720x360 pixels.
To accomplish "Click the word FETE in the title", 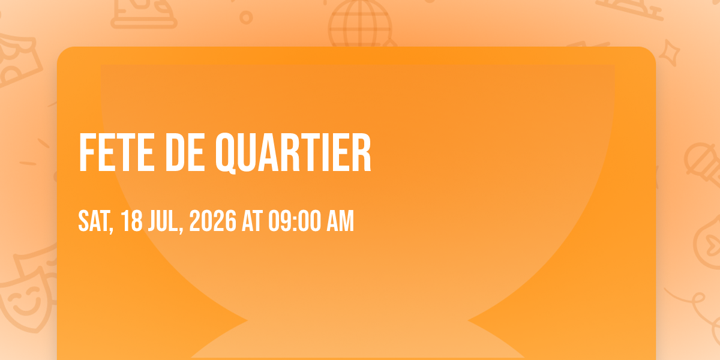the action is coord(116,152).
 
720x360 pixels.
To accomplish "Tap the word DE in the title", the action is coord(185,152).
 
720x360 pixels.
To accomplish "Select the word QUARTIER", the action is coord(293,154).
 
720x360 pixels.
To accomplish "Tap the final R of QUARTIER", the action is coord(362,152).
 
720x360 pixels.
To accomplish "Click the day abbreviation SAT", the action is coord(94,221).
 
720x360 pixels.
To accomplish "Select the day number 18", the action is coord(132,221).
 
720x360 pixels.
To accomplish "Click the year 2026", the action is coord(213,221).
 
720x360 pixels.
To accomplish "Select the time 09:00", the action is coord(295,221).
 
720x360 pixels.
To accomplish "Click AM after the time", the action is coord(340,221).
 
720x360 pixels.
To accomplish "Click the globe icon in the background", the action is coord(360,24).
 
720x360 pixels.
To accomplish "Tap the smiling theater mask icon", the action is coord(26,299).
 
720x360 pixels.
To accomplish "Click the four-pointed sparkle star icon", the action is coord(669,53).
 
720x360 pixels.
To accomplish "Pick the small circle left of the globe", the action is coord(246,17).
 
